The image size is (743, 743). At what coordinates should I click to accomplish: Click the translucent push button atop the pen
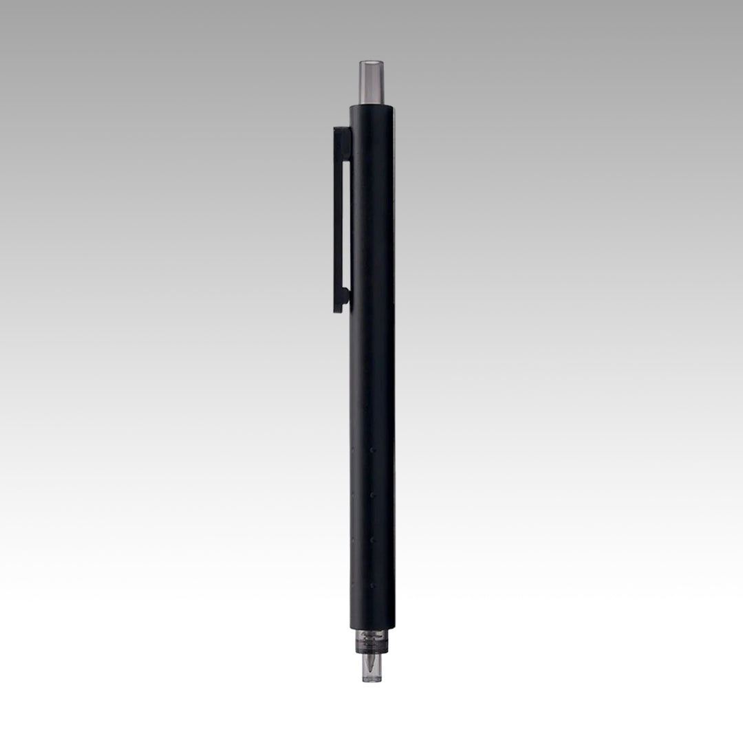pos(372,83)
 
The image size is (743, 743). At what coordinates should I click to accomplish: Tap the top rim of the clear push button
pos(372,63)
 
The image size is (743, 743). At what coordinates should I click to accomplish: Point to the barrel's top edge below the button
pos(372,106)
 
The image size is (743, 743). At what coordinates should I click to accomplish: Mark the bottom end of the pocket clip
pos(339,310)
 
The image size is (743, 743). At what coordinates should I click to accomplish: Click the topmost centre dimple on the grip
pos(372,450)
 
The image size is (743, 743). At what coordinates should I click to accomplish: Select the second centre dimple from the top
pos(372,495)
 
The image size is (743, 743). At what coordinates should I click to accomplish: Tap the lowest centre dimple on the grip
pos(372,586)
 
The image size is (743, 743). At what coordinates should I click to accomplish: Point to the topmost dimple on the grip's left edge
pos(352,450)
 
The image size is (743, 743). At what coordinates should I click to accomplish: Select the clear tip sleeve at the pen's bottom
pos(372,668)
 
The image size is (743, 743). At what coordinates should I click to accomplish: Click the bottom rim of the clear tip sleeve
pos(372,680)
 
